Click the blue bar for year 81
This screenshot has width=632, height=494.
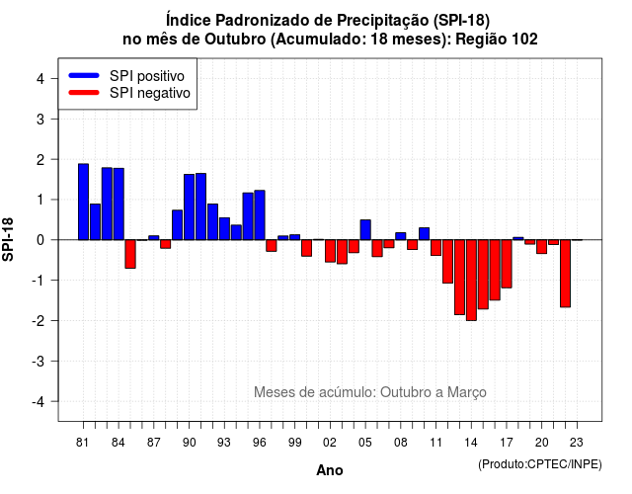click(x=83, y=202)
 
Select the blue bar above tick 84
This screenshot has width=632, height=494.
click(x=118, y=205)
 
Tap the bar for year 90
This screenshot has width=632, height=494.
click(x=189, y=206)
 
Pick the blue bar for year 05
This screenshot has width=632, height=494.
click(x=365, y=230)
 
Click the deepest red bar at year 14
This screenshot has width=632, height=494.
click(x=471, y=281)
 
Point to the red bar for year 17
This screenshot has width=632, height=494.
click(x=507, y=264)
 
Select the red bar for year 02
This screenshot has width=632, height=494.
click(x=330, y=251)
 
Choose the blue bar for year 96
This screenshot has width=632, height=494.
click(x=260, y=215)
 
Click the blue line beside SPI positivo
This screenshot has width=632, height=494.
click(x=84, y=75)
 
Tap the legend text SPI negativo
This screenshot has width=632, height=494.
click(x=149, y=93)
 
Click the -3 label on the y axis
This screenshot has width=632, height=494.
click(x=39, y=361)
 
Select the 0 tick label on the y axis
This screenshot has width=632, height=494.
click(x=40, y=240)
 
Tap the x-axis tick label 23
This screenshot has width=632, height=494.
click(x=577, y=443)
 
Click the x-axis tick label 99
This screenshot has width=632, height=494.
click(x=294, y=443)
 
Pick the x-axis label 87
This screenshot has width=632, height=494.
click(x=154, y=443)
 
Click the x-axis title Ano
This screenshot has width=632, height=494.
click(x=330, y=470)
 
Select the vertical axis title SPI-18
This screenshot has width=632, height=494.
click(x=8, y=239)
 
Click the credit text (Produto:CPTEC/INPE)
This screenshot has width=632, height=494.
click(x=540, y=464)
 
